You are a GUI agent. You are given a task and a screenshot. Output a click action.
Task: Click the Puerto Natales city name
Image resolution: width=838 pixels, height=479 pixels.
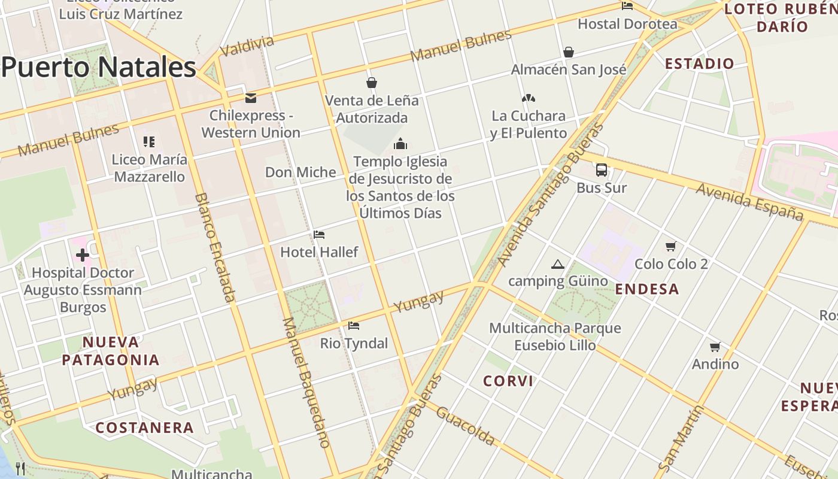(x=99, y=67)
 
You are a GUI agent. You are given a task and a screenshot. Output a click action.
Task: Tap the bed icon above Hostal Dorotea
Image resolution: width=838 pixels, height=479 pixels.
(x=627, y=6)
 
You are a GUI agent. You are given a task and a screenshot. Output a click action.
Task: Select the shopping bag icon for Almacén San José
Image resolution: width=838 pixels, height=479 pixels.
(x=568, y=52)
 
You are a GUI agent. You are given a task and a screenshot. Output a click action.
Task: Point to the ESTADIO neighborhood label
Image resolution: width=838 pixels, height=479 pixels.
(x=699, y=63)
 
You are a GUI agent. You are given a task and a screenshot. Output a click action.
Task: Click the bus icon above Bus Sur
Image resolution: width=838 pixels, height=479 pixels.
(x=602, y=170)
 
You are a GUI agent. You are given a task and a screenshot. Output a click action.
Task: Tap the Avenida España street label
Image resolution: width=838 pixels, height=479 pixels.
(x=749, y=202)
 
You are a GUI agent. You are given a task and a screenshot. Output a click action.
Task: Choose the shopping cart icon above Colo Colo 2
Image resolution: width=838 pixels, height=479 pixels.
(x=671, y=246)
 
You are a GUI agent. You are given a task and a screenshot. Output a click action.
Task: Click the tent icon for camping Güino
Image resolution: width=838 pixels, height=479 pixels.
(x=558, y=264)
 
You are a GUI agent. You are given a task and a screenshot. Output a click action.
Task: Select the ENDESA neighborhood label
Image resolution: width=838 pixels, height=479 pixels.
(x=647, y=289)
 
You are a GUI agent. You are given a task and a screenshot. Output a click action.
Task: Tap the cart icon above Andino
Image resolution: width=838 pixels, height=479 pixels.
(x=715, y=347)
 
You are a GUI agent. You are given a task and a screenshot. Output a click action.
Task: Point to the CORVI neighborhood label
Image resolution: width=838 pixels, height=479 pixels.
(x=508, y=381)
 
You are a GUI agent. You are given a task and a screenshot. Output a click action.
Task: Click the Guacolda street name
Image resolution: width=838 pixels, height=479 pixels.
(x=466, y=426)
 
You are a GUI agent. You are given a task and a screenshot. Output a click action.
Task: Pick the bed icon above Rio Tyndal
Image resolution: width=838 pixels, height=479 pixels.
(x=354, y=326)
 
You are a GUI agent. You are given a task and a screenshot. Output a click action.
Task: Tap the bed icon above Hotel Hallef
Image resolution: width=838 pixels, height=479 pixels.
(x=319, y=235)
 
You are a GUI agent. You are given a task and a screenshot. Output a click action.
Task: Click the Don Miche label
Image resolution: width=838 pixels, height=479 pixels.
(x=300, y=172)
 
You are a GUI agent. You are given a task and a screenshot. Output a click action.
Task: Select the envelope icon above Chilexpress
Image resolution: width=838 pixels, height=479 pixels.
(x=251, y=98)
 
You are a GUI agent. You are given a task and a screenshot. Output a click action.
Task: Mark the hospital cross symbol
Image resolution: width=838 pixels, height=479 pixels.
(x=83, y=256)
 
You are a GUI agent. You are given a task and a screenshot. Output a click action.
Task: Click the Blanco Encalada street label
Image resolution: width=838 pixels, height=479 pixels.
(x=215, y=247)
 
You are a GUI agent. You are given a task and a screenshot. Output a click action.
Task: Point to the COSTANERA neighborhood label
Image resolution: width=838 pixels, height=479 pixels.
(x=145, y=428)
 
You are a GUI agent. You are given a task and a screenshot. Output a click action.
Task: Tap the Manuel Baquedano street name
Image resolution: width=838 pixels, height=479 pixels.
(x=306, y=383)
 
